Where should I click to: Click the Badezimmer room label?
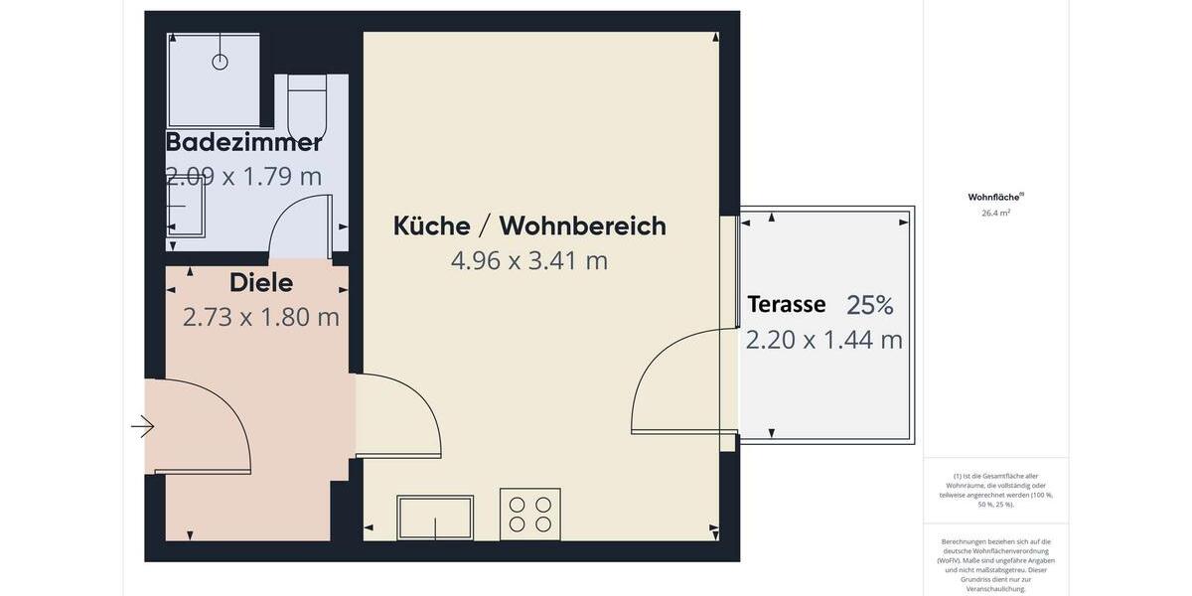pyautogui.click(x=243, y=142)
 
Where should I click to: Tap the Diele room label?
pyautogui.click(x=261, y=283)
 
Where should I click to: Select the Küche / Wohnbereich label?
pyautogui.click(x=529, y=226)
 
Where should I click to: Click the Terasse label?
pyautogui.click(x=787, y=304)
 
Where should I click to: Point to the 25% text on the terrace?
pyautogui.click(x=870, y=305)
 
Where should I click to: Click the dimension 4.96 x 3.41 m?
pyautogui.click(x=529, y=261)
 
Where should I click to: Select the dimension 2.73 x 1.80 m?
pyautogui.click(x=261, y=317)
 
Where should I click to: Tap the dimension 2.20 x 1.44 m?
pyautogui.click(x=824, y=340)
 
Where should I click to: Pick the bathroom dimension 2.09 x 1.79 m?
pyautogui.click(x=243, y=177)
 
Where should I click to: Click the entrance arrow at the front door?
pyautogui.click(x=142, y=427)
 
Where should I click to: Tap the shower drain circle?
pyautogui.click(x=220, y=62)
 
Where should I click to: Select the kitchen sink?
pyautogui.click(x=435, y=518)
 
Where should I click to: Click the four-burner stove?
pyautogui.click(x=529, y=514)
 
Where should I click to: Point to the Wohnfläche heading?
pyautogui.click(x=995, y=197)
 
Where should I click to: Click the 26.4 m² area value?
pyautogui.click(x=995, y=213)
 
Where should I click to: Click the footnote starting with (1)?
pyautogui.click(x=995, y=490)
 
